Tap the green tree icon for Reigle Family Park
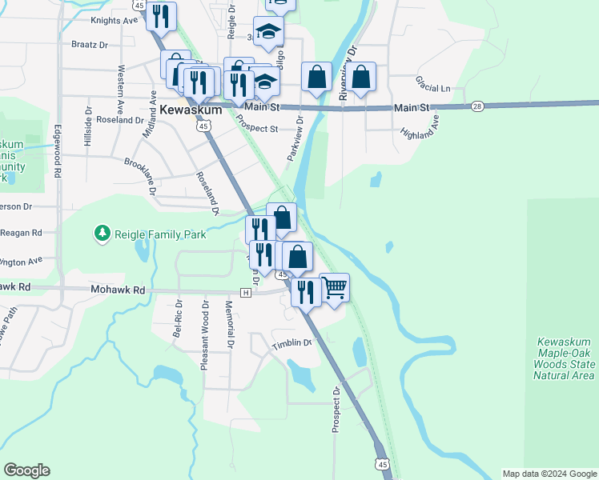click(x=102, y=233)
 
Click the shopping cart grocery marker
click(x=334, y=286)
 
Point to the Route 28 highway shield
click(x=477, y=106)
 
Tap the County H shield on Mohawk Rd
click(x=246, y=293)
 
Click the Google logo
click(x=27, y=470)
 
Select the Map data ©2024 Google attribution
click(x=549, y=474)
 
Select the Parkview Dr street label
click(x=293, y=138)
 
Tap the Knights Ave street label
click(x=115, y=20)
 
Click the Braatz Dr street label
click(x=90, y=45)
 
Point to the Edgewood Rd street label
click(x=58, y=156)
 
